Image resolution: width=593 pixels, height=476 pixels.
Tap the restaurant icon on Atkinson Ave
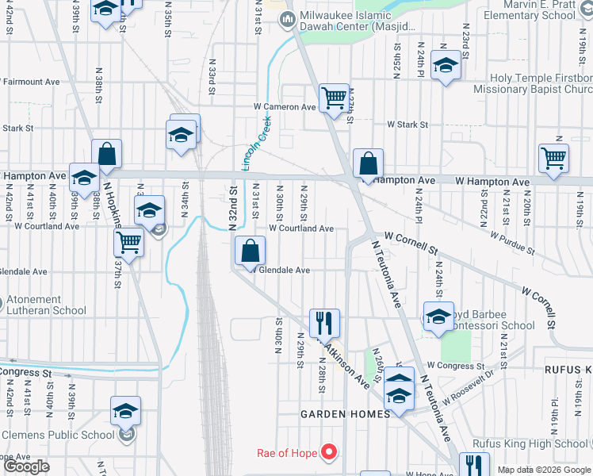click(x=324, y=322)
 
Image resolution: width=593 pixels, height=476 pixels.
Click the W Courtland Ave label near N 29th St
click(x=301, y=228)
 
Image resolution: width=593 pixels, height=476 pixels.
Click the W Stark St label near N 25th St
click(x=407, y=125)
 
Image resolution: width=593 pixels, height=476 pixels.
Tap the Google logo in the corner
click(x=26, y=466)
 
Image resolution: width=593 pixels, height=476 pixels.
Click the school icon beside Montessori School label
click(x=438, y=316)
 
